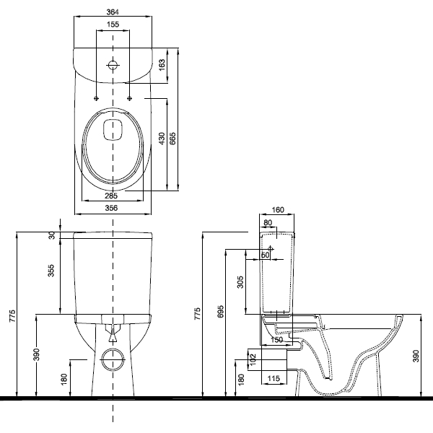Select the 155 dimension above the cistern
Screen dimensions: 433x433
113,25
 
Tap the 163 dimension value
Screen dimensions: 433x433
162,64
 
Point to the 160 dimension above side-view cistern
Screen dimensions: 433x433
278,211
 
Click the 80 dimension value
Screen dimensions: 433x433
268,223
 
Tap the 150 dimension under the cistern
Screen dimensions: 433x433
276,339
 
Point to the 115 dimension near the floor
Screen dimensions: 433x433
274,378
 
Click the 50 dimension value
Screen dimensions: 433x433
265,255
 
